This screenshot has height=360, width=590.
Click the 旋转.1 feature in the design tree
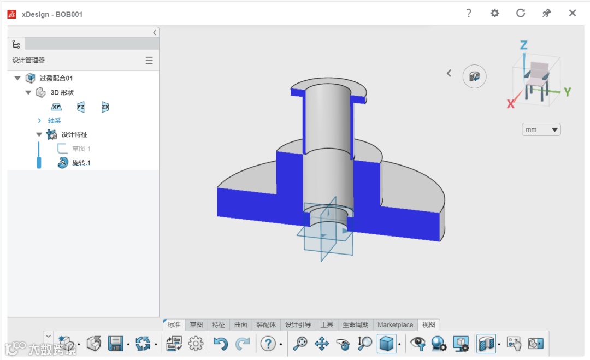[x=81, y=162]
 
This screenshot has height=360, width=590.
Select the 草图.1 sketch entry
[x=81, y=149]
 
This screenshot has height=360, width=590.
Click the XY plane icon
[x=56, y=107]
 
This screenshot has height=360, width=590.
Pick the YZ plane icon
[x=80, y=107]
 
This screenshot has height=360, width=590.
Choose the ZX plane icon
[x=105, y=107]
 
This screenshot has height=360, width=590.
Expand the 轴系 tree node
[x=39, y=120]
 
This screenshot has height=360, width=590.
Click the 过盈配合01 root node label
[x=56, y=78]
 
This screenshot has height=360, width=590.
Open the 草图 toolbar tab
[x=196, y=324]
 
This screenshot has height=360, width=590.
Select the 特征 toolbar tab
[x=218, y=324]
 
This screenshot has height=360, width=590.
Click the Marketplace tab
[x=395, y=324]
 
